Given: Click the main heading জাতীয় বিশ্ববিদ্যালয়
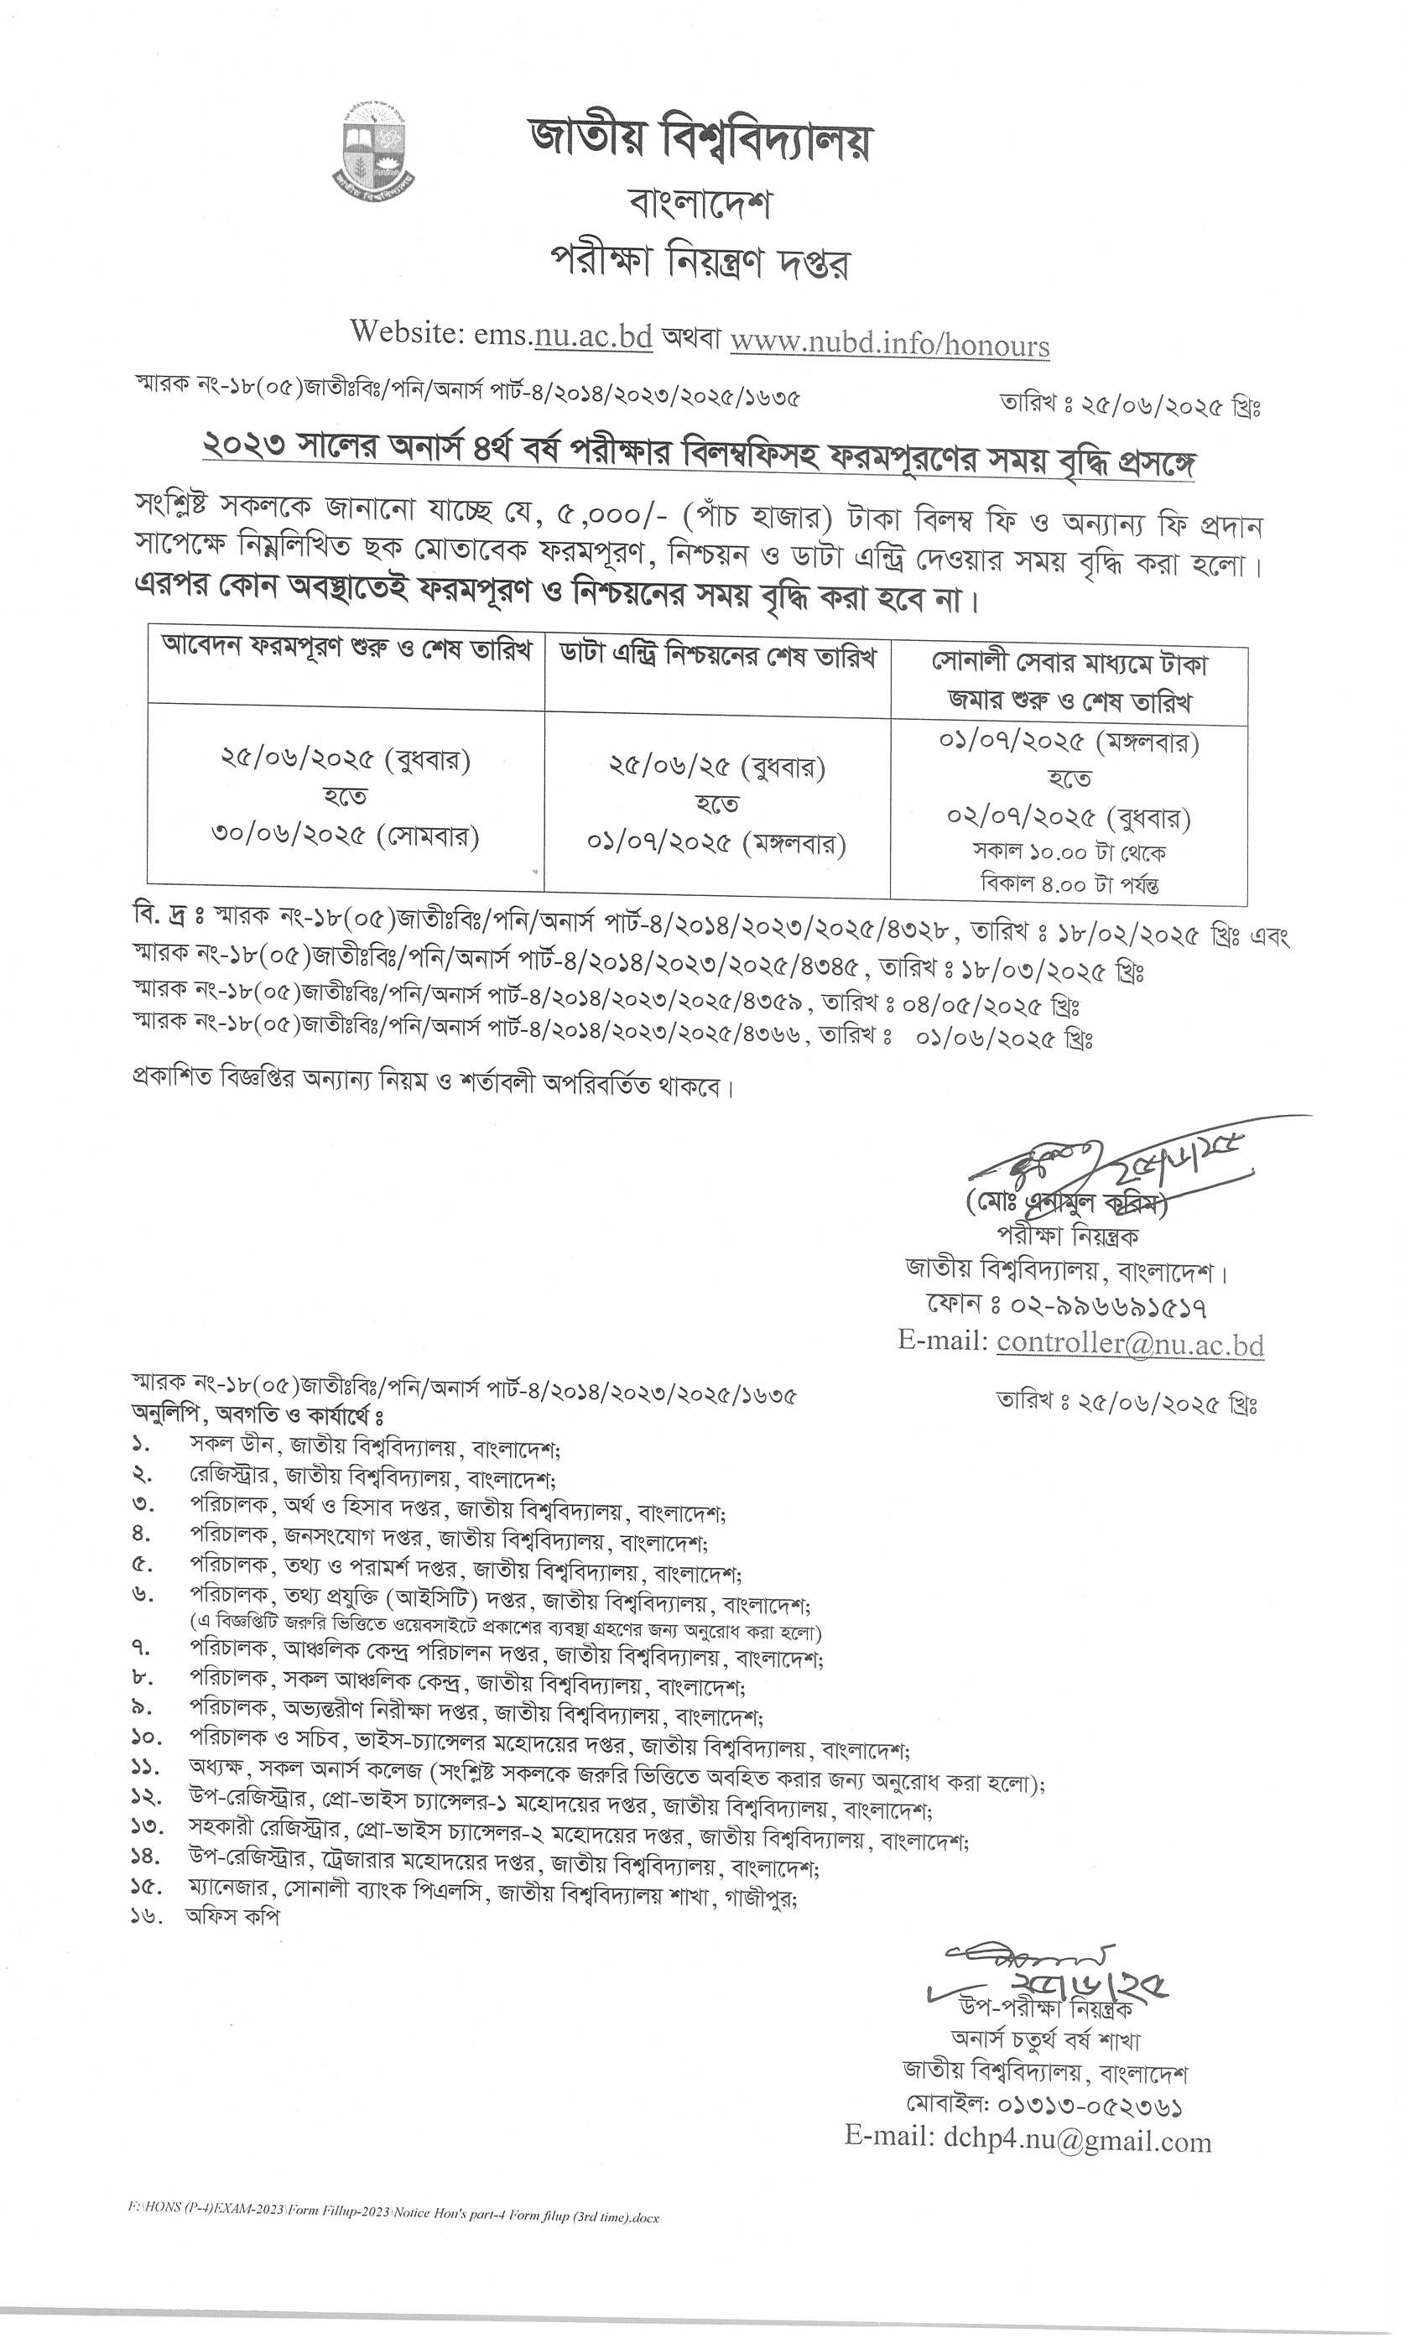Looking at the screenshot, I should pyautogui.click(x=700, y=142).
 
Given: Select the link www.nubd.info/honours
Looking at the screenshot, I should pyautogui.click(x=889, y=343).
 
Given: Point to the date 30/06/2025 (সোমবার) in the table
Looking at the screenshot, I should pyautogui.click(x=345, y=836).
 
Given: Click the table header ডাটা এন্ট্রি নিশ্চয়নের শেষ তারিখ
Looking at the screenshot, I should pyautogui.click(x=717, y=658).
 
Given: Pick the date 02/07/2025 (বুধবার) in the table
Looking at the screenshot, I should pyautogui.click(x=1069, y=817).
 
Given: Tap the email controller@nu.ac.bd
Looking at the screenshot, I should pyautogui.click(x=1130, y=1343).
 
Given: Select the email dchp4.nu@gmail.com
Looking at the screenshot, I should pyautogui.click(x=1072, y=2141).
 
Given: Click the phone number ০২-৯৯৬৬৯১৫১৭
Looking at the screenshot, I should pyautogui.click(x=1095, y=1305).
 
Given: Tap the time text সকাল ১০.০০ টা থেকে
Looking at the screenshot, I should pyautogui.click(x=1069, y=852).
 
